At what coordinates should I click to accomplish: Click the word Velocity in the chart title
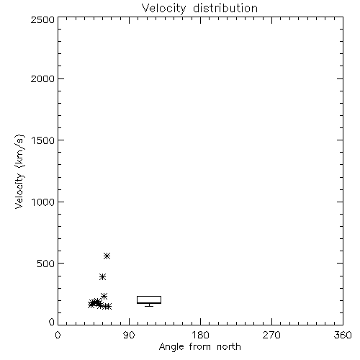pyautogui.click(x=164, y=8)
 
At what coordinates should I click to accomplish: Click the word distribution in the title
pyautogui.click(x=225, y=8)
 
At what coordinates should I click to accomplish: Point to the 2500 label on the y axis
pyautogui.click(x=42, y=19)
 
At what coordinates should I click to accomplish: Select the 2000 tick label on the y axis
pyautogui.click(x=42, y=78)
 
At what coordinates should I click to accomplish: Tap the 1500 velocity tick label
pyautogui.click(x=43, y=140)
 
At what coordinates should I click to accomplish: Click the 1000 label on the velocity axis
pyautogui.click(x=43, y=202)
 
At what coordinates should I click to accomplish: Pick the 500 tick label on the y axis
pyautogui.click(x=46, y=264)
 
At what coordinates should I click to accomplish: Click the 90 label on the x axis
pyautogui.click(x=129, y=335)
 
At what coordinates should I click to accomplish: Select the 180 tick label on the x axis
pyautogui.click(x=200, y=335)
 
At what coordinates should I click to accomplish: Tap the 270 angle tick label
pyautogui.click(x=271, y=335)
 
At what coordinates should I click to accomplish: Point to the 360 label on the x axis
pyautogui.click(x=343, y=335)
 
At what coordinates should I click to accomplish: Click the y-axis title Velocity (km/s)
pyautogui.click(x=19, y=171)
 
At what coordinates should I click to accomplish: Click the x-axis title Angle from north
pyautogui.click(x=200, y=347)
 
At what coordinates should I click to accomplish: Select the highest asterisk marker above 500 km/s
pyautogui.click(x=107, y=256)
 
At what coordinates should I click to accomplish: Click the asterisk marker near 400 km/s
pyautogui.click(x=102, y=277)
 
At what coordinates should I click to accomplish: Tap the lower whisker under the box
pyautogui.click(x=149, y=305)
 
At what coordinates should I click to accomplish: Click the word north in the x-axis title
pyautogui.click(x=229, y=347)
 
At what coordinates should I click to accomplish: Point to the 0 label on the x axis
pyautogui.click(x=58, y=335)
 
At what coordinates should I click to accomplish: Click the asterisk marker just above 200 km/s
pyautogui.click(x=104, y=296)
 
